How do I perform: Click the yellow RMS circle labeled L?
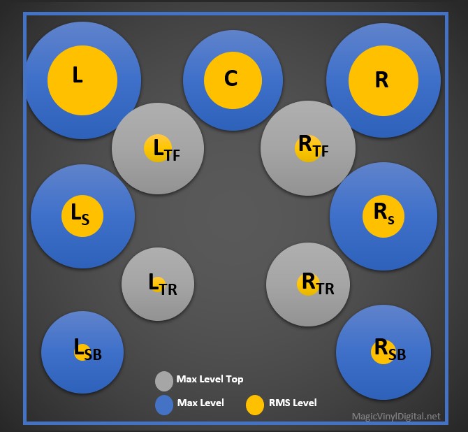tap(82, 80)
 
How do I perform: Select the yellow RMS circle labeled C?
tap(233, 80)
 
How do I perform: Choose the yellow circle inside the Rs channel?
tap(383, 215)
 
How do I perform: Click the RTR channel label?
tap(316, 284)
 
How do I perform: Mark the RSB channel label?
tap(389, 350)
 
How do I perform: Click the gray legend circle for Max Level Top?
tap(164, 381)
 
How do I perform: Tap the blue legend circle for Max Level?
tap(164, 405)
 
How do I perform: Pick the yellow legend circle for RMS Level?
tap(255, 405)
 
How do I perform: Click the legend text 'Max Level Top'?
tap(210, 380)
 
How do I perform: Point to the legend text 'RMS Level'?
tap(292, 403)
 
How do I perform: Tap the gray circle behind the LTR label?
tap(140, 301)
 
